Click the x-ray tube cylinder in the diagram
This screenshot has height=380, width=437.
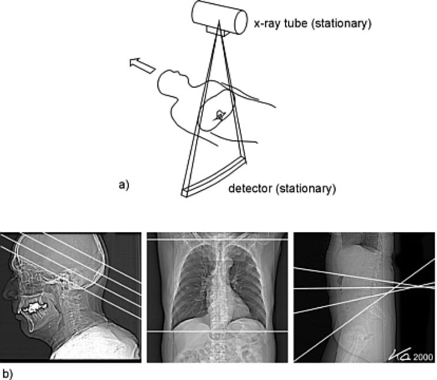click(x=218, y=18)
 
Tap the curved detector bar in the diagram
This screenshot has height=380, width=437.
click(x=215, y=177)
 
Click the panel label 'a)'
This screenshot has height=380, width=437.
click(x=124, y=185)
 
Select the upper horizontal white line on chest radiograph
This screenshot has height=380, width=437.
click(x=217, y=240)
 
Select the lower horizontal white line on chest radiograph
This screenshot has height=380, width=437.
click(x=217, y=331)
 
